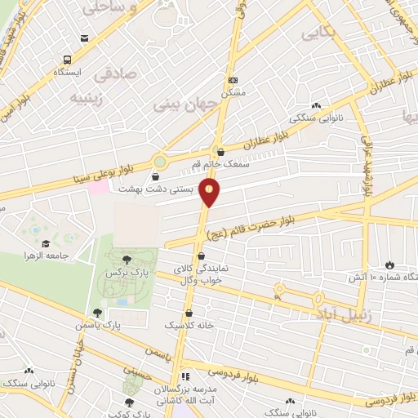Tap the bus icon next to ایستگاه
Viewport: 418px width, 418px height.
(x=66, y=59)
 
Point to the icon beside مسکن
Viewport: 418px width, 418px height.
(x=233, y=80)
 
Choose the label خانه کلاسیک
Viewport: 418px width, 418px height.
(x=189, y=325)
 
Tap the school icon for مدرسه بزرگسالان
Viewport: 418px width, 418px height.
(x=185, y=376)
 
